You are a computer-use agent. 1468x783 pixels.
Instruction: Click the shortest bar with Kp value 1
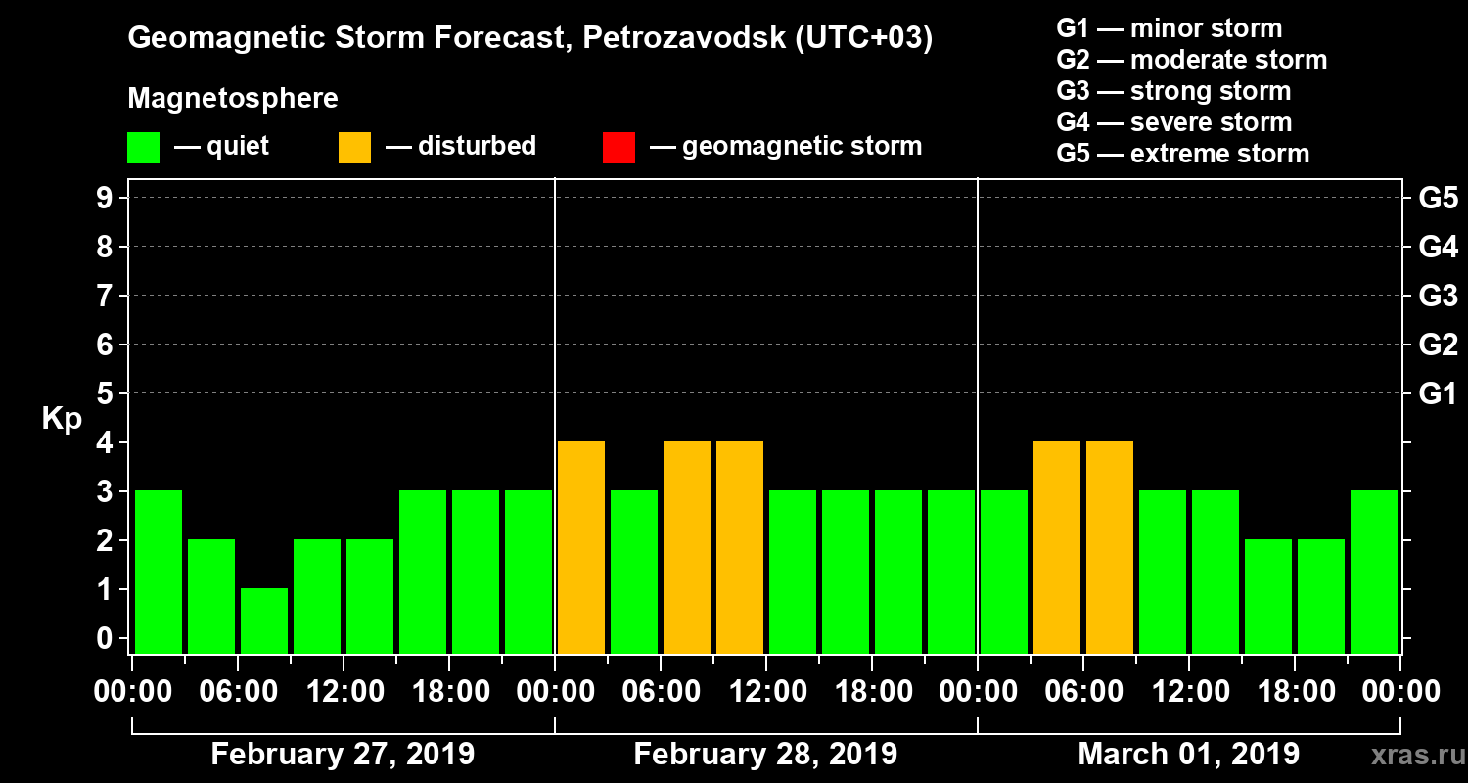coord(264,621)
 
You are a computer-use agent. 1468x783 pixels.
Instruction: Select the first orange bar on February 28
coord(581,547)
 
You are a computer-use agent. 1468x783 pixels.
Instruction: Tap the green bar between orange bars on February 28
coord(634,572)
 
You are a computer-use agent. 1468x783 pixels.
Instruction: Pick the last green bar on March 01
coord(1374,572)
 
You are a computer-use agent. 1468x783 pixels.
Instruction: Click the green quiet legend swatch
coord(143,148)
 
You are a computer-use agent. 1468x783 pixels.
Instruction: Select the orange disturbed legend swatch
coord(354,148)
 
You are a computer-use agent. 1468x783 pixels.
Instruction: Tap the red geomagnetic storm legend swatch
coord(619,148)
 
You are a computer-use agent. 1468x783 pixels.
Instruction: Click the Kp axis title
coord(62,419)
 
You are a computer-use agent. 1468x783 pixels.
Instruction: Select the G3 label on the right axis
coord(1438,296)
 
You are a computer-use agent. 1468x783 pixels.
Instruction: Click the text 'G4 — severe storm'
coord(1173,122)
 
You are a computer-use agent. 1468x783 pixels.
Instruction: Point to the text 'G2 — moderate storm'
coord(1191,60)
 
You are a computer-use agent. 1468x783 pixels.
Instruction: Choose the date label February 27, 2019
coord(343,755)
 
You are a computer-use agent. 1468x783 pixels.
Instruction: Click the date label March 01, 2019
coord(1188,755)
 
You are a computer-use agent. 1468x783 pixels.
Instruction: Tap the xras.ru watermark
coord(1410,756)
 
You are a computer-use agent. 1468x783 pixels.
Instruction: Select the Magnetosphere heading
coord(233,99)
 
